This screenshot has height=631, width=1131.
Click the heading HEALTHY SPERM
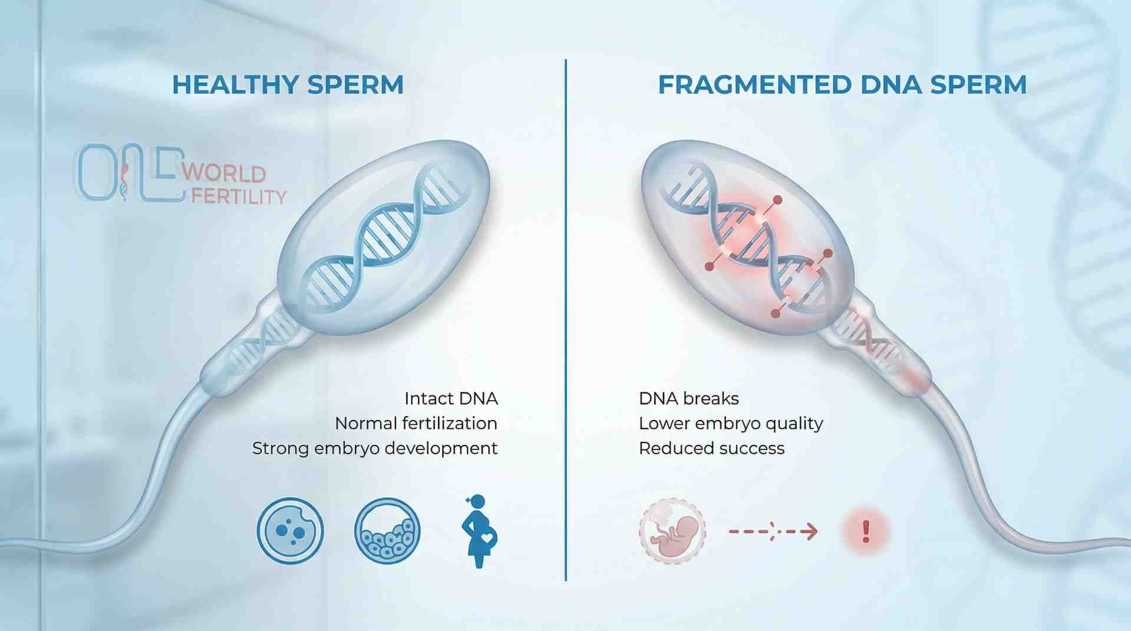[x=288, y=85]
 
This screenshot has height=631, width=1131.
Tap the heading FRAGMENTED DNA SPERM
[x=842, y=85]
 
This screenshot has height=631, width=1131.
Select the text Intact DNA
[x=451, y=399]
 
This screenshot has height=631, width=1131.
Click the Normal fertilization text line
[x=416, y=424]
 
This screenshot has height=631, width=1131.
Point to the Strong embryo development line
[x=375, y=448]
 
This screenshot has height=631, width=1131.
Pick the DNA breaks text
[x=688, y=399]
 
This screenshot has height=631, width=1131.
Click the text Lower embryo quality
[x=731, y=424]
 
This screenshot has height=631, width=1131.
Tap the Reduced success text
[x=711, y=448]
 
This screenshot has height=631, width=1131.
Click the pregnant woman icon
[x=479, y=531]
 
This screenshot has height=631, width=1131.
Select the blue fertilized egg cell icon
[x=290, y=531]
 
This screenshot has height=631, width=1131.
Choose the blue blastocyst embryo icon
[x=387, y=531]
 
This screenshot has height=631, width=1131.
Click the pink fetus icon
[x=672, y=531]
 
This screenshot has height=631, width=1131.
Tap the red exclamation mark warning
[x=865, y=531]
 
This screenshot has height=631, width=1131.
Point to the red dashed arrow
[x=773, y=531]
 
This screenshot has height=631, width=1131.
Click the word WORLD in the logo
[x=224, y=173]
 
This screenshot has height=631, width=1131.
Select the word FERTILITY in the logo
[x=239, y=196]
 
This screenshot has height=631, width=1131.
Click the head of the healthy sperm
[x=383, y=236]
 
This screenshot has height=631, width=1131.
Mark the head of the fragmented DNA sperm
[x=748, y=236]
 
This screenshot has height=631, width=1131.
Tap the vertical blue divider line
[x=566, y=318]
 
